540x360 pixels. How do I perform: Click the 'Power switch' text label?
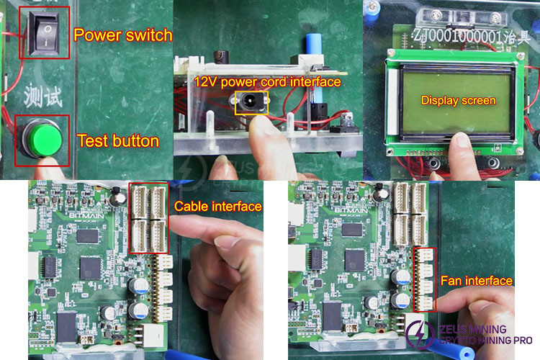(x=123, y=35)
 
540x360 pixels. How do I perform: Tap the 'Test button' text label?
(x=117, y=141)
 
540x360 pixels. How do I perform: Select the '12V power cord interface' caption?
(x=266, y=82)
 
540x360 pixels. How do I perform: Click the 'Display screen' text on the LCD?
(x=458, y=100)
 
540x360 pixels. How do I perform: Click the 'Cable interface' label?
(x=217, y=207)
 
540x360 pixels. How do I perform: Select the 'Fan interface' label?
(x=477, y=281)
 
